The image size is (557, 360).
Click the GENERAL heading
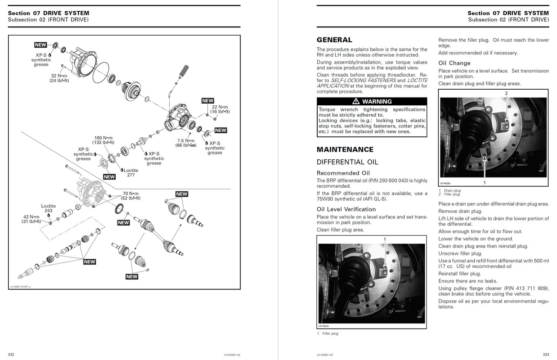334,40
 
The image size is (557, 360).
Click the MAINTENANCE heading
345,149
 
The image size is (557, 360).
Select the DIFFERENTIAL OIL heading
347,162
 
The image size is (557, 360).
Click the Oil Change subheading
454,63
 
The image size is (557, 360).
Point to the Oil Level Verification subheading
346,209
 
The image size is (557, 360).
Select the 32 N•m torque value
60,75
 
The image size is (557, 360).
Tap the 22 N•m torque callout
220,107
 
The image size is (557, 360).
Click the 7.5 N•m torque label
186,141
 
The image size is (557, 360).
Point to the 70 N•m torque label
131,193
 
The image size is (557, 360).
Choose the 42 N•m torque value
31,216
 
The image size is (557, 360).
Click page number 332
11,354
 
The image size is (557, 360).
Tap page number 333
546,354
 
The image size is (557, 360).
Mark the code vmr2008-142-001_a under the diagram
20,286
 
